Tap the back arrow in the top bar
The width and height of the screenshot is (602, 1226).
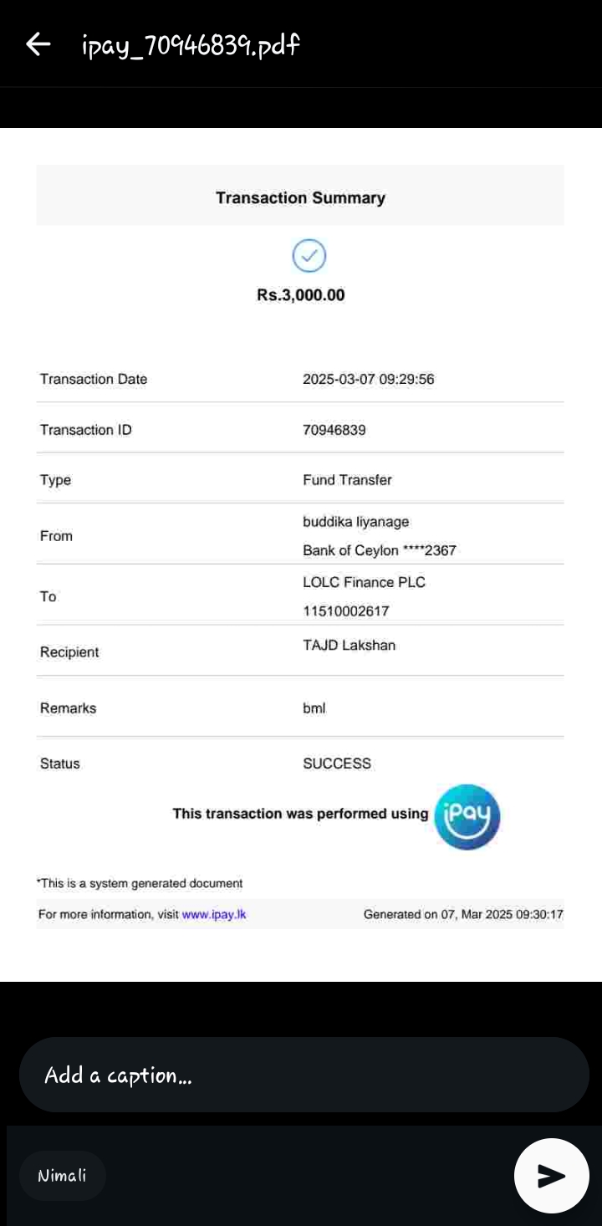coord(38,44)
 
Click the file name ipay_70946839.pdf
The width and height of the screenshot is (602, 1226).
coord(191,44)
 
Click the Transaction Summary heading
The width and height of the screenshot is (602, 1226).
coord(300,198)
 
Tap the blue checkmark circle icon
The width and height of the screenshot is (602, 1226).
coord(309,256)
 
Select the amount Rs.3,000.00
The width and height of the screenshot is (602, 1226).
coord(300,295)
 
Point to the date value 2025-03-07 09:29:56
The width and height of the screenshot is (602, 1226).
coord(368,380)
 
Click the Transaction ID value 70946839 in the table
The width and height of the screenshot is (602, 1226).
coord(334,430)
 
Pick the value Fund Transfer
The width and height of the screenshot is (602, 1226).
coord(347,480)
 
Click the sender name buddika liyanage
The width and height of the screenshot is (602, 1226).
coord(355,522)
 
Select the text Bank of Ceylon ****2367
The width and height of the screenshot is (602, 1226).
coord(379,550)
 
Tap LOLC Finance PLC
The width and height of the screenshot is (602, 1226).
coord(364,582)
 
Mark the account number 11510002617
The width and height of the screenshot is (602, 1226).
coord(345,611)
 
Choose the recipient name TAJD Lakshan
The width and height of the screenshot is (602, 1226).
coord(349,646)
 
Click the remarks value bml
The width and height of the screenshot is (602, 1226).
coord(314,708)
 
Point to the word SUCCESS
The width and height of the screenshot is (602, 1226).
coord(336,764)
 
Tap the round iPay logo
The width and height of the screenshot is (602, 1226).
coord(467,817)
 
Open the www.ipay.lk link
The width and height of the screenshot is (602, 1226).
coord(213,915)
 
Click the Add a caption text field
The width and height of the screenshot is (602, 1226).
coord(304,1075)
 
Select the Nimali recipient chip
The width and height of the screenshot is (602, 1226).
coord(63,1176)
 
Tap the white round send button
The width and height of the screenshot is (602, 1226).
coord(551,1176)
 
